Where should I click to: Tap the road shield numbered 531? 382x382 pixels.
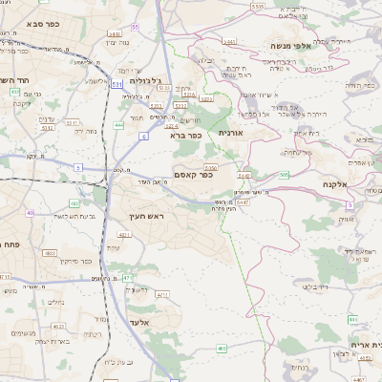(x=116, y=85)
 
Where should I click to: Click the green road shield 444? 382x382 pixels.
(x=118, y=124)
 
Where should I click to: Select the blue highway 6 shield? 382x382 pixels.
(x=143, y=138)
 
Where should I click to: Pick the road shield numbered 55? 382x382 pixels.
(x=135, y=27)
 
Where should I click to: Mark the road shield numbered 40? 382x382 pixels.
(x=31, y=212)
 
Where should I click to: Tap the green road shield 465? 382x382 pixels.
(x=222, y=349)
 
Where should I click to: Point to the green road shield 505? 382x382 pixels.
(x=284, y=174)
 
